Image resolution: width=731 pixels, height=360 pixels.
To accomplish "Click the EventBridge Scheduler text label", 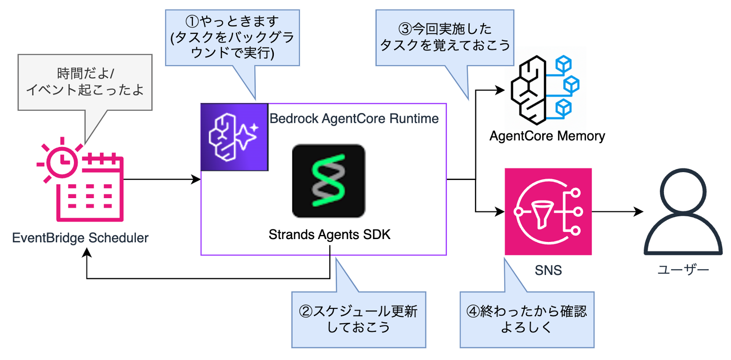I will (x=80, y=238).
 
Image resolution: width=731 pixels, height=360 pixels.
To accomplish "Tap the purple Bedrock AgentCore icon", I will (x=234, y=137).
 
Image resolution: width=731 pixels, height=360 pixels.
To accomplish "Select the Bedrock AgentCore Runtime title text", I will (x=354, y=119).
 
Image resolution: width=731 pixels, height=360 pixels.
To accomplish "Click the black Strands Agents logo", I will (x=328, y=181).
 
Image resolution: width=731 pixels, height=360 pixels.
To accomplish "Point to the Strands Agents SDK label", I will (x=329, y=234).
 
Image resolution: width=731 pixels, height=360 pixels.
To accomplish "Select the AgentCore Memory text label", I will (x=547, y=136).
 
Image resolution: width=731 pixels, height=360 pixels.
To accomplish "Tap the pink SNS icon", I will (x=548, y=212).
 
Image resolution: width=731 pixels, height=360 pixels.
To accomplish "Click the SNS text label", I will (x=548, y=270).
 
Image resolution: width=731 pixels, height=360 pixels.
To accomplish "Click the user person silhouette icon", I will (x=683, y=212).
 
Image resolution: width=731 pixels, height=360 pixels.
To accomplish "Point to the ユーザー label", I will (x=683, y=270).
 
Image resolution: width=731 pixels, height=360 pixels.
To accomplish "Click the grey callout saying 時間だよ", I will (x=85, y=82).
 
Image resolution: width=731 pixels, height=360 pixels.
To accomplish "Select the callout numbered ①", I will (x=232, y=38).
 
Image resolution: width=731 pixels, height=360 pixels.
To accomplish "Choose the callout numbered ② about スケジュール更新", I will (x=359, y=320).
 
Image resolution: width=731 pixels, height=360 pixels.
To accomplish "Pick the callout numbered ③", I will (x=445, y=38).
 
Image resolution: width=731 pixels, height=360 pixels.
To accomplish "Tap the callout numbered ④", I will (x=527, y=320).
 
